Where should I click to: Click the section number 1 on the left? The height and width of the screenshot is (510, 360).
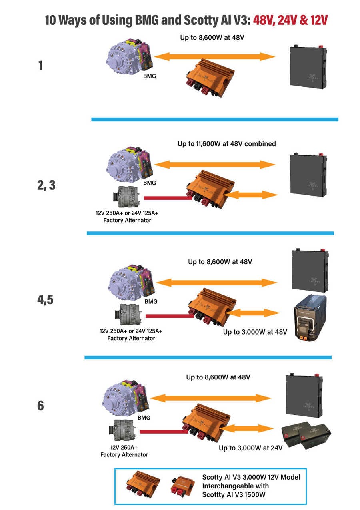40,66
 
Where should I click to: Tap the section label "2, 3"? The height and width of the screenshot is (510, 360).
46,185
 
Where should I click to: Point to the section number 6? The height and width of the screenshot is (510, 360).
40,406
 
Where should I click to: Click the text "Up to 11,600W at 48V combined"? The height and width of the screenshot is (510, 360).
227,143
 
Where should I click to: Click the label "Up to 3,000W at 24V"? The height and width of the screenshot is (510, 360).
251,448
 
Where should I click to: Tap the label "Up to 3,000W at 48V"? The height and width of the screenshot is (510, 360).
255,332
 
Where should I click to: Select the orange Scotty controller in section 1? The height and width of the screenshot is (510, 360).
210,78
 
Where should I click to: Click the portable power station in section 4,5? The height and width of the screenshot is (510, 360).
310,318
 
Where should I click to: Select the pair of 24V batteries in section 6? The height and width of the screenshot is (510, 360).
306,435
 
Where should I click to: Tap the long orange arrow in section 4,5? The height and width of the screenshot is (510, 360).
216,283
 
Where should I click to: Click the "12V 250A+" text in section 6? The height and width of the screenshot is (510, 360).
124,447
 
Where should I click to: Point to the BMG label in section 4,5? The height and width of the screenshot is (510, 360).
151,302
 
